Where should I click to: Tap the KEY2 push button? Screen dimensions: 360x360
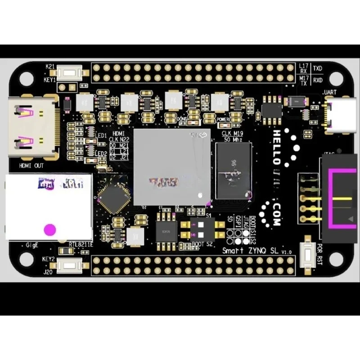tap(69, 265)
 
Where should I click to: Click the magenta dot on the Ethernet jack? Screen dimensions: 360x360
tap(50, 229)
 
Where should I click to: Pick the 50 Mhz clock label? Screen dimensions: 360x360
tap(233, 140)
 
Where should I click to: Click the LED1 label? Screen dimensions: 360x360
tap(101, 135)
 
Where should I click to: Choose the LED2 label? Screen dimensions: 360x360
tap(101, 153)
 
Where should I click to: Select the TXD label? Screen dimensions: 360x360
tap(319, 69)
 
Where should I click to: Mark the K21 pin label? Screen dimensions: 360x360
tap(50, 66)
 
